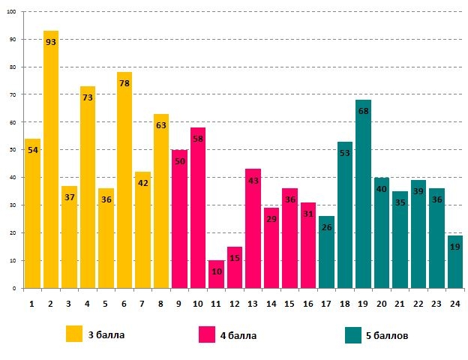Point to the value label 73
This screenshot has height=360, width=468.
[x=88, y=97]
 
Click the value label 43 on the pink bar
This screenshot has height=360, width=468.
[x=253, y=181]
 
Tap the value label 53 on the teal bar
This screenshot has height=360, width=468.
[x=345, y=154]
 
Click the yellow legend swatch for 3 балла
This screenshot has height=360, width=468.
[x=74, y=334]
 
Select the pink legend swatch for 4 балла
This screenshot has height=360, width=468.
[x=207, y=334]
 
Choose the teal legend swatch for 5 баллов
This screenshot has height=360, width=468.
[x=353, y=334]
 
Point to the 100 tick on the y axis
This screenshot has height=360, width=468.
[x=11, y=12]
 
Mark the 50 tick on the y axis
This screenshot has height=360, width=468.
[x=13, y=150]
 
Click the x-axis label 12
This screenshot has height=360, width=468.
[x=234, y=303]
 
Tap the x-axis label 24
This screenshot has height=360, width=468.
[x=454, y=303]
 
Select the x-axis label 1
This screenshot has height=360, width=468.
[x=32, y=303]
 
